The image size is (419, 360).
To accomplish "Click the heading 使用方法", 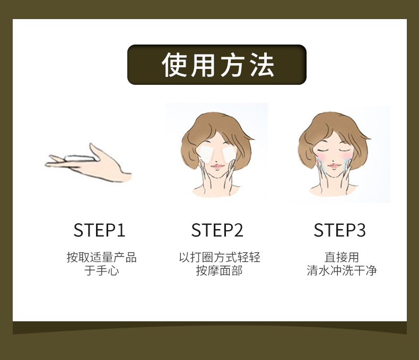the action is click(218, 65).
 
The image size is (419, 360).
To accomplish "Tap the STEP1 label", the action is click(99, 230).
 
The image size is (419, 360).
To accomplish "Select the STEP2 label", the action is click(217, 230).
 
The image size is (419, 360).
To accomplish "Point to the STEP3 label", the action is click(339, 230).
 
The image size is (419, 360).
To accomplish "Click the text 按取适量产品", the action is click(101, 258).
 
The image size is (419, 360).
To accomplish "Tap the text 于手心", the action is click(101, 270).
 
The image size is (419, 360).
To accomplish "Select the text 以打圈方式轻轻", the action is click(220, 258).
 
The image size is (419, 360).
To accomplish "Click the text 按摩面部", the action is click(220, 270).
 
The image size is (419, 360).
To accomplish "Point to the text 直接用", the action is click(342, 258).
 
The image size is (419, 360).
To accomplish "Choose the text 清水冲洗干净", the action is click(342, 270).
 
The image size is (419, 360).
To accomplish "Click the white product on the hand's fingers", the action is click(79, 158).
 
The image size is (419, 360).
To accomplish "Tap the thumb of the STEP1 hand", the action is click(95, 152).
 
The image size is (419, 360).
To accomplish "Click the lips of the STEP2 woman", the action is click(217, 166).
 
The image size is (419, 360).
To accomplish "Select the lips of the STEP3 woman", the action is click(334, 165).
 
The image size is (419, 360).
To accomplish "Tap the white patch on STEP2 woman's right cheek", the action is click(229, 154).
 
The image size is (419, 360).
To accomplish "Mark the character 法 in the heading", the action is click(262, 65).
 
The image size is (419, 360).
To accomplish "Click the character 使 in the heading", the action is click(174, 65).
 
